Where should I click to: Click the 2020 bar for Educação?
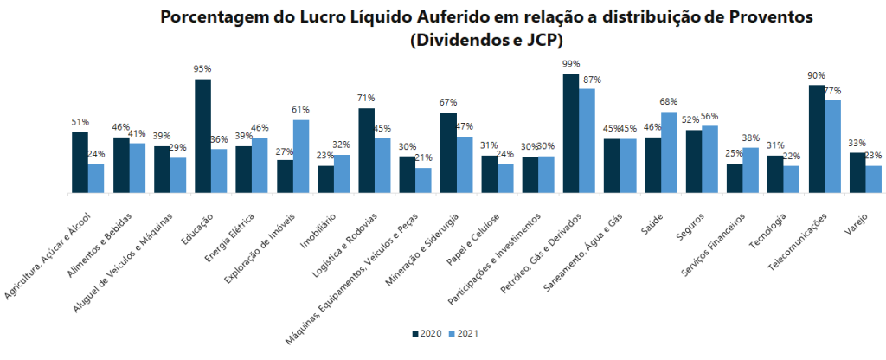click(202, 136)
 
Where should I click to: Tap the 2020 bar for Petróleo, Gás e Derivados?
click(571, 133)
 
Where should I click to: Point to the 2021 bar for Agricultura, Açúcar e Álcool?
click(95, 178)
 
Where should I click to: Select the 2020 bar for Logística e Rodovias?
click(367, 150)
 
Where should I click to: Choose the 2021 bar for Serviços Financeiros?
click(751, 170)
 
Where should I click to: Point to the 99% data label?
click(571, 64)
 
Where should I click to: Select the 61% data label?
click(301, 110)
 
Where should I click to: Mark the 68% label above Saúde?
click(669, 102)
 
